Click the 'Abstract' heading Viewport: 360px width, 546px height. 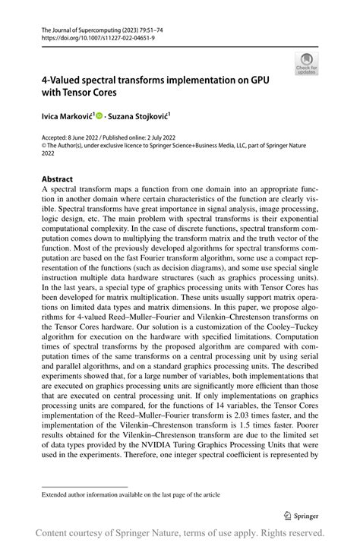(57, 180)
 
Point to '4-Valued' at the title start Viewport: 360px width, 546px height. (65, 80)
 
